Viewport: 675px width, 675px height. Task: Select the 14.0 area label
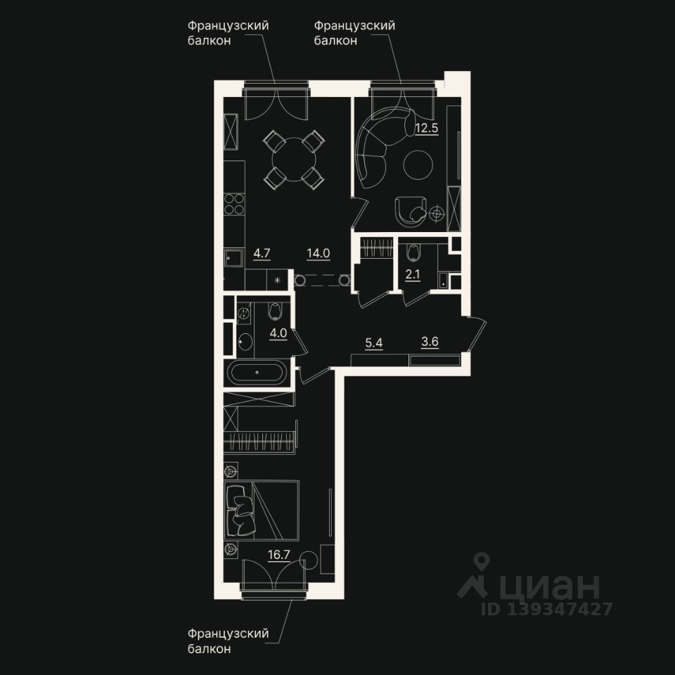[x=318, y=253]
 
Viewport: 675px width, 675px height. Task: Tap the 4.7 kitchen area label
[x=262, y=253]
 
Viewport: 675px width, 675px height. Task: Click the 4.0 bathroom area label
[x=278, y=333]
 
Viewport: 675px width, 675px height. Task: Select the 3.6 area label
[x=430, y=343]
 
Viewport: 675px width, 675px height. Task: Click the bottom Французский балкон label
[x=229, y=641]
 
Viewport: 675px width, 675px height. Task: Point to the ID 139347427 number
[x=547, y=609]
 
